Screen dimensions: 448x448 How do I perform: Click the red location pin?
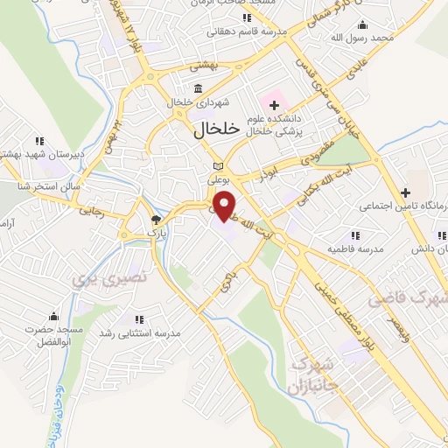click(x=226, y=205)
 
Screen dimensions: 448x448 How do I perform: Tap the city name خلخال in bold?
click(x=214, y=129)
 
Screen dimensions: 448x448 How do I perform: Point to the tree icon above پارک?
click(x=156, y=220)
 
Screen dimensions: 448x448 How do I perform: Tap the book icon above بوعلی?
click(x=219, y=166)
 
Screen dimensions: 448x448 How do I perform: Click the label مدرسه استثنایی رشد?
click(x=139, y=334)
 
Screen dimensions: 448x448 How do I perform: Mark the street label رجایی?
click(x=91, y=210)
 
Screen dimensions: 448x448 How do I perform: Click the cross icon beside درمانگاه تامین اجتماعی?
click(x=404, y=193)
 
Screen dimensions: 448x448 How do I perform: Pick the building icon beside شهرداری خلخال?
click(x=199, y=88)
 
